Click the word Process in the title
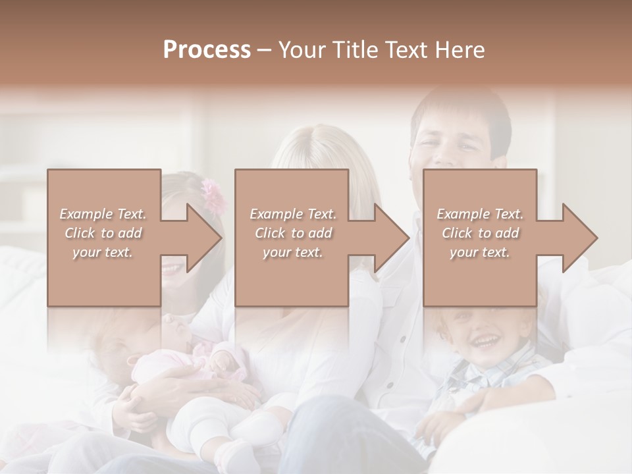point(207,50)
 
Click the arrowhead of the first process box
point(204,238)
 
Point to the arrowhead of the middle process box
point(392,238)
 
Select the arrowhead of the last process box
point(580,238)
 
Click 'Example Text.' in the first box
point(103,214)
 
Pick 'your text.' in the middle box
point(292,252)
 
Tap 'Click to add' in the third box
point(480,233)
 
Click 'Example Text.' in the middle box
point(292,214)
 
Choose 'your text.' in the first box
point(103,252)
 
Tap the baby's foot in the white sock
point(234,454)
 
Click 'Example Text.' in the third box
point(480,214)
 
